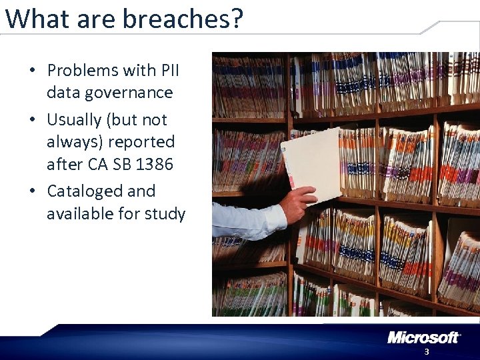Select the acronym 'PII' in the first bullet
click(169, 70)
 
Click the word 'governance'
click(109, 93)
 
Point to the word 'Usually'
click(74, 120)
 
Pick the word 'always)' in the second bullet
click(73, 142)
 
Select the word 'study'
click(163, 214)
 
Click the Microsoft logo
click(423, 337)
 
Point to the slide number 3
click(427, 352)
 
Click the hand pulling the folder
click(297, 204)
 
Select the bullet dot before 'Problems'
click(32, 71)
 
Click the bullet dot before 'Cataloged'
click(32, 192)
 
